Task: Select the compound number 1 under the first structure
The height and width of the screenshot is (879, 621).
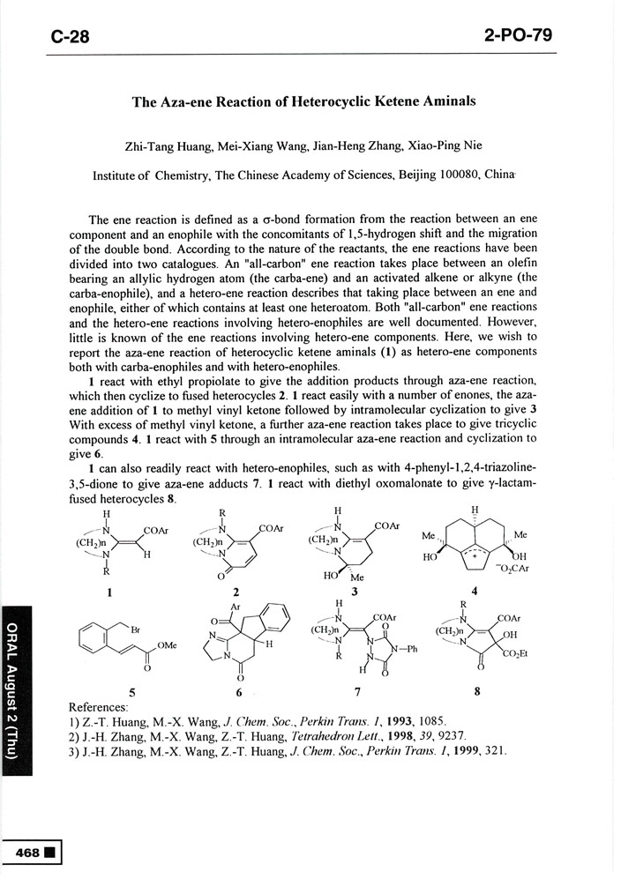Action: pos(108,592)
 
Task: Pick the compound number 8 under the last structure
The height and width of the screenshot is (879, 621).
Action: pos(477,691)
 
